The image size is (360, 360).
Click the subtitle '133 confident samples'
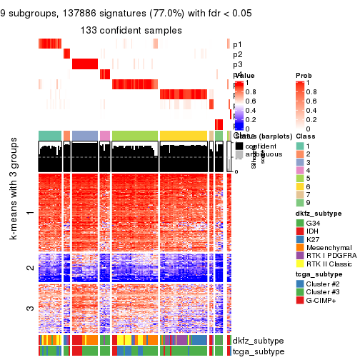pos(131,30)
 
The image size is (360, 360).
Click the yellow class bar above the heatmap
pos(184,135)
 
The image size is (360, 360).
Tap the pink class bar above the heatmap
pos(105,135)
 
